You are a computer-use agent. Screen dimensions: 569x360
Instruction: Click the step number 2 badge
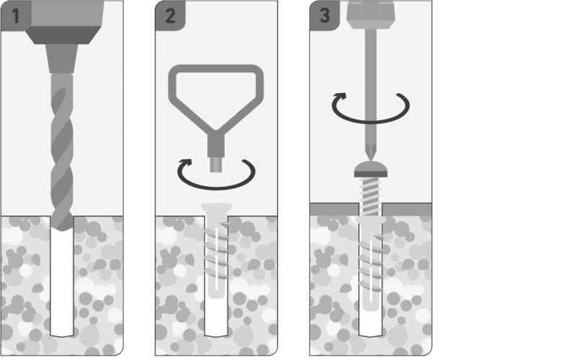pyautogui.click(x=170, y=16)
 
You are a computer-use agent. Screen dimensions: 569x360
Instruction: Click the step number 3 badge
pyautogui.click(x=325, y=16)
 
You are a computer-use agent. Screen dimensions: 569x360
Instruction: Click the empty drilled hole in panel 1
pyautogui.click(x=62, y=283)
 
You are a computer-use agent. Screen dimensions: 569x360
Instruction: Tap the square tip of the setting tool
pyautogui.click(x=216, y=164)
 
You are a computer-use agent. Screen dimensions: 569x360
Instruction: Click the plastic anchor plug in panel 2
pyautogui.click(x=216, y=251)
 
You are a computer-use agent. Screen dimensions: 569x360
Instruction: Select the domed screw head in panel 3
pyautogui.click(x=370, y=169)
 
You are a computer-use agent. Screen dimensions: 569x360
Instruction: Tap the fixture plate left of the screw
pyautogui.click(x=334, y=210)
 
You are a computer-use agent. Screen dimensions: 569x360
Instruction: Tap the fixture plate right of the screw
pyautogui.click(x=407, y=210)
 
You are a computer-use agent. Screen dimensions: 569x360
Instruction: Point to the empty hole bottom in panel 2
pyautogui.click(x=216, y=318)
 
